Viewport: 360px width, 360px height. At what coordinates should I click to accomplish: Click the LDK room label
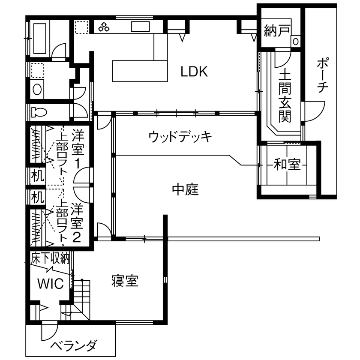click(x=194, y=72)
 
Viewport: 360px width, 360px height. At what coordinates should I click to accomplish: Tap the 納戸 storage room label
click(x=276, y=31)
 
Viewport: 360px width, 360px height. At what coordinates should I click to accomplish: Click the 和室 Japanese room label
click(x=287, y=164)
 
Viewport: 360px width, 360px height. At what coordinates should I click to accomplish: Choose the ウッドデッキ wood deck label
click(x=180, y=137)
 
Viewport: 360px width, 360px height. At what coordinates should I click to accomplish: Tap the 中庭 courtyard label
click(x=186, y=189)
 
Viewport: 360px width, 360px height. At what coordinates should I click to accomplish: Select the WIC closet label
click(x=50, y=283)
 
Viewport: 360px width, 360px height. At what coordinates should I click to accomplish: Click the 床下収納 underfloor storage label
click(x=50, y=258)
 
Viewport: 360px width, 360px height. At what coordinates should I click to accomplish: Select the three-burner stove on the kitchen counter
click(x=104, y=28)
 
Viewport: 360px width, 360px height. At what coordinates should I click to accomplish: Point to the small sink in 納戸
click(x=296, y=41)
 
